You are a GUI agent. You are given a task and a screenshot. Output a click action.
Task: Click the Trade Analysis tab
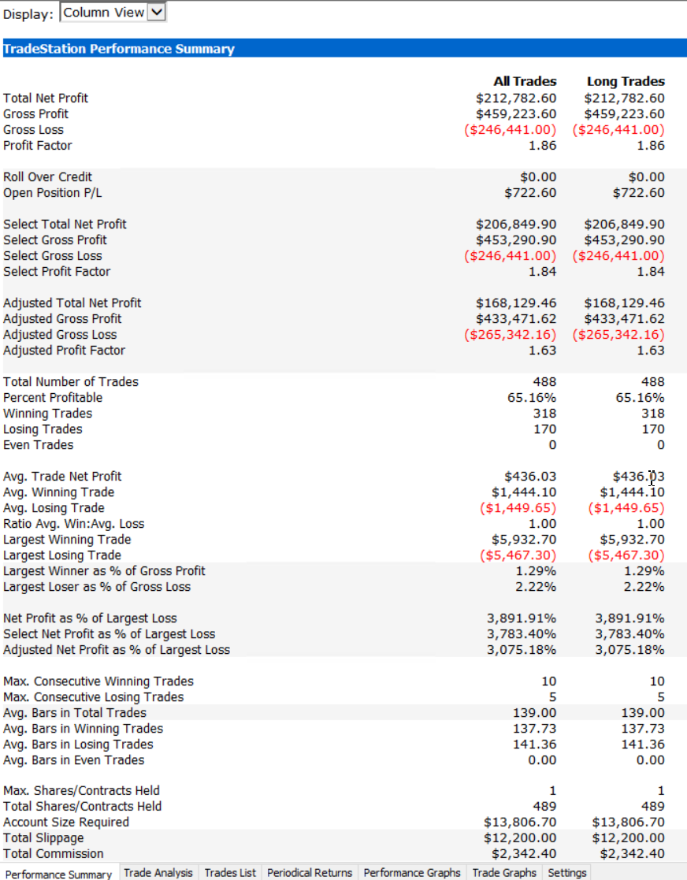point(158,872)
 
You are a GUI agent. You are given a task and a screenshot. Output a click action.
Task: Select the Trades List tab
point(230,872)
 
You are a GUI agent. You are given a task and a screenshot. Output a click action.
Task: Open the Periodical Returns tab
point(310,872)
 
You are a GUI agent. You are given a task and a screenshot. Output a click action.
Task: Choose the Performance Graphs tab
point(412,872)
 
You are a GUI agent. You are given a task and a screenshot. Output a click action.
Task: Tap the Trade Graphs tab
point(504,872)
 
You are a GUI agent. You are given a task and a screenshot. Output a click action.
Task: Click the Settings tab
point(567,872)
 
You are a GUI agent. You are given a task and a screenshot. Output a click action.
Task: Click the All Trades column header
point(525,81)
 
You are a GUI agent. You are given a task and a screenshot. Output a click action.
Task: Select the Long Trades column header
point(626,81)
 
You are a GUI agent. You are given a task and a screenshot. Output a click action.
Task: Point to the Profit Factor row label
point(38,146)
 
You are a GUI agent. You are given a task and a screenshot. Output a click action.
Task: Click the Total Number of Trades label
point(71,382)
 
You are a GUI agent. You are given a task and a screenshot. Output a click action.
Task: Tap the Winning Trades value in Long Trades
point(653,414)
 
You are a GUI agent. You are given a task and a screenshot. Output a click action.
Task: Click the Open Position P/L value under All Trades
point(529,193)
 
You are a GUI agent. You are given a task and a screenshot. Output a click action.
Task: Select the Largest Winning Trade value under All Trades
point(524,540)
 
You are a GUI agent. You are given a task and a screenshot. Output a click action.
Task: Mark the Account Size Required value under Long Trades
point(628,822)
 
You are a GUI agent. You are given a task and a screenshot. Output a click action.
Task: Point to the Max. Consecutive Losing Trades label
point(94,697)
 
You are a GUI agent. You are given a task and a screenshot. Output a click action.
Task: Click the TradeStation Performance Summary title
point(119,49)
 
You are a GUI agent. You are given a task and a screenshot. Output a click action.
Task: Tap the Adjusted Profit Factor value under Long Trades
point(652,351)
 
